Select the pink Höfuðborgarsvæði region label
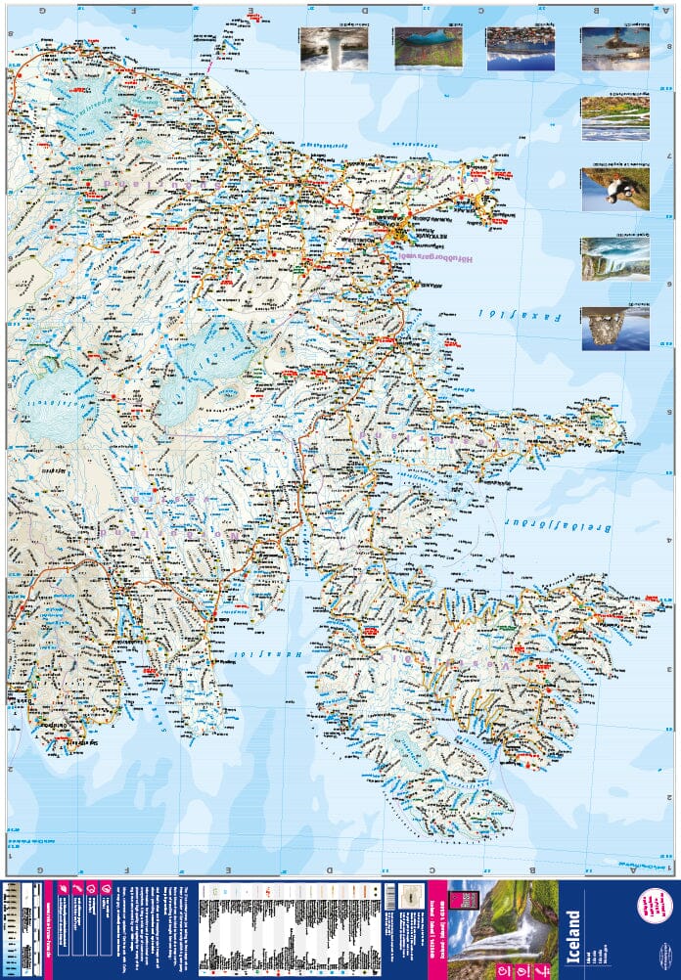[x=436, y=257]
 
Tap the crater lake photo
[x=428, y=47]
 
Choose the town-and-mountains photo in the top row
[x=520, y=47]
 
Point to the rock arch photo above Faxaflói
[x=614, y=329]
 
